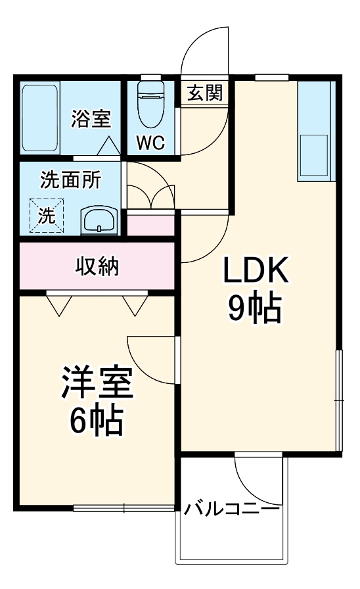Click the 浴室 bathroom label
pos(91,120)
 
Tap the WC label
pos(151,143)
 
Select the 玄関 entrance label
pos(204,93)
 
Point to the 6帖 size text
pos(98,423)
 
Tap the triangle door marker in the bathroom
pos(110,145)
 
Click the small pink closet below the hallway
pos(151,225)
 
